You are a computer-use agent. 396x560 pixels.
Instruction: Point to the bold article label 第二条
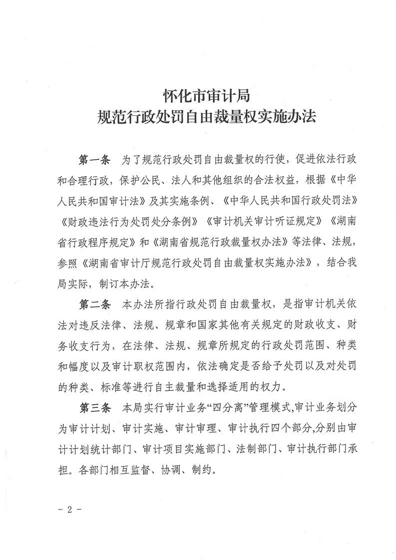tap(94, 304)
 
